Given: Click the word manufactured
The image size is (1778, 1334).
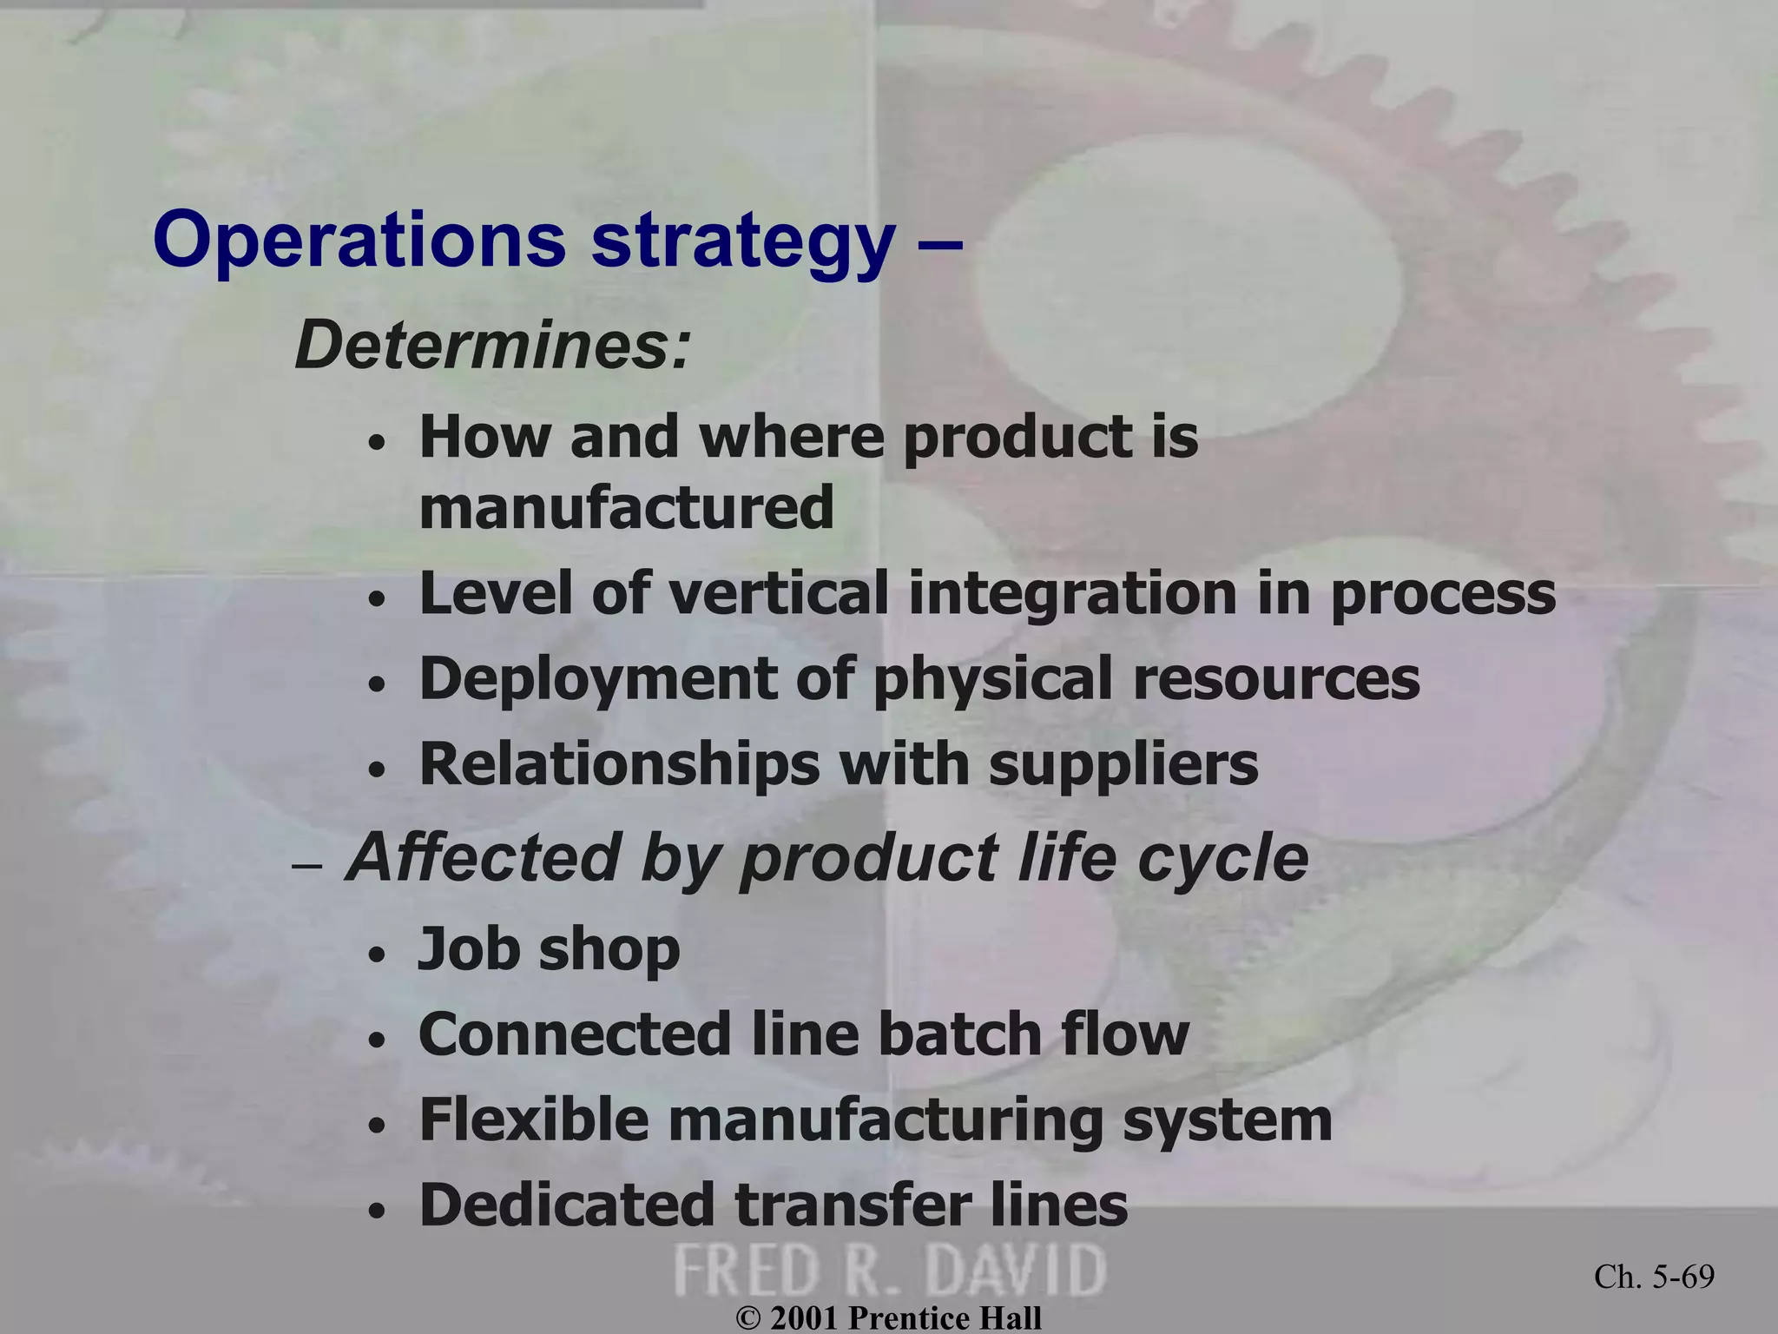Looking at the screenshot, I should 626,507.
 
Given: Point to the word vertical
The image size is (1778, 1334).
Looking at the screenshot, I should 779,593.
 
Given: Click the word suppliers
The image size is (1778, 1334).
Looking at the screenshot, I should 1123,765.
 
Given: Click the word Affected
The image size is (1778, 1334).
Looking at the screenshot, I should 483,858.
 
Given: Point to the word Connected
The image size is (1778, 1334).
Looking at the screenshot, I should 575,1034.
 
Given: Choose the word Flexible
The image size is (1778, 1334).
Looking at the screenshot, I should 534,1119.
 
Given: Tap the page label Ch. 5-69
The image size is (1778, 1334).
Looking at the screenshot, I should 1654,1277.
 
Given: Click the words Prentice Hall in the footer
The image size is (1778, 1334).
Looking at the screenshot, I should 945,1318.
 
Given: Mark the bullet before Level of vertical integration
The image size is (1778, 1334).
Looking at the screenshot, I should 376,600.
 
